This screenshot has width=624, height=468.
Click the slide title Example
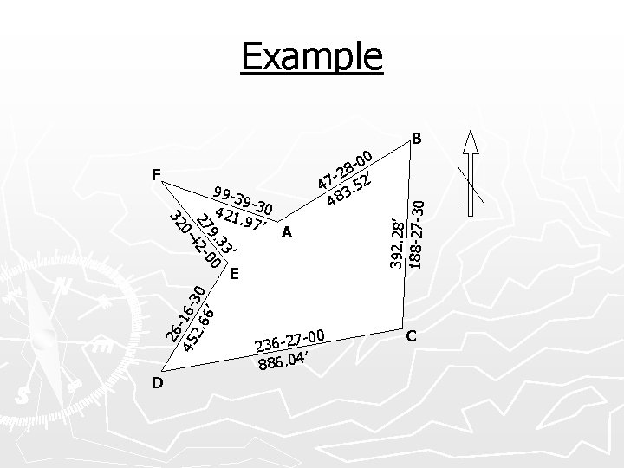(x=312, y=56)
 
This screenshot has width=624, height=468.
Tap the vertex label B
(x=417, y=138)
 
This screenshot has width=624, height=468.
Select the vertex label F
(x=156, y=174)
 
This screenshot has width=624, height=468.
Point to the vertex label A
(x=287, y=232)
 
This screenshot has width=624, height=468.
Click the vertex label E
(x=235, y=274)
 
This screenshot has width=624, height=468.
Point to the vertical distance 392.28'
(x=397, y=242)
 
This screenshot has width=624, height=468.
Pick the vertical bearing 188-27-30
(x=417, y=233)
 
